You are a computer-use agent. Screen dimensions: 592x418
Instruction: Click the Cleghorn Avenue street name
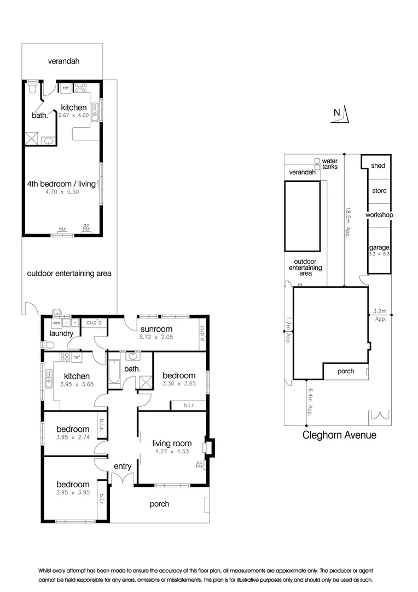coord(339,435)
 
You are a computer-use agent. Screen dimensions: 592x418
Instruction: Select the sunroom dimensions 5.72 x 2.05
coord(155,338)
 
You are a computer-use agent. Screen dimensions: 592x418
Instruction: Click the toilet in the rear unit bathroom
coord(33,88)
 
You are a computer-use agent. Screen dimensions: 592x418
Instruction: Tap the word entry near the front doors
coord(123,466)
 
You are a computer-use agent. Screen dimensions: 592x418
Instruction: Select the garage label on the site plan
coord(379,248)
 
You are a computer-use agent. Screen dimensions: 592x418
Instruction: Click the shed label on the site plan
coord(378,166)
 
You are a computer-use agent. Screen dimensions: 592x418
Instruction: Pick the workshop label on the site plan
coord(380,215)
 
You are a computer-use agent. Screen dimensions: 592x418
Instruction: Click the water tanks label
coord(330,163)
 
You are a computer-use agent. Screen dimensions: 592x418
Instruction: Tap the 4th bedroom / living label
coord(61,184)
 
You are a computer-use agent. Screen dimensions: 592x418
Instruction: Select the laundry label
coord(61,333)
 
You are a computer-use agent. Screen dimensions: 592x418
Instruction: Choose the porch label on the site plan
coord(345,371)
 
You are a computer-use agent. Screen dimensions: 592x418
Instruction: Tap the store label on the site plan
coord(379,191)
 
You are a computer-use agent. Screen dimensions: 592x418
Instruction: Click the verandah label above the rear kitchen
coord(62,61)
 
